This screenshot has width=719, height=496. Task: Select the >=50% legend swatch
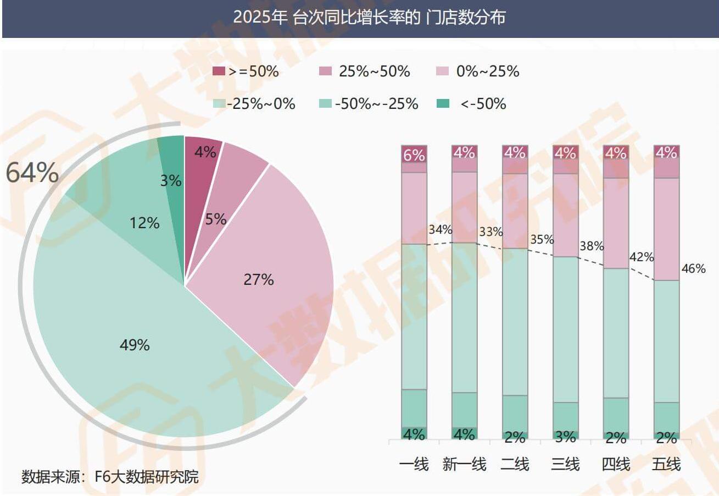pos(219,71)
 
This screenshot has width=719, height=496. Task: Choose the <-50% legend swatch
pos(443,103)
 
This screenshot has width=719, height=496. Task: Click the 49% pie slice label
pos(135,345)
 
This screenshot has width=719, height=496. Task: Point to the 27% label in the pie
pos(258,279)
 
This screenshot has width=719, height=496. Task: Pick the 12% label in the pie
pos(145,223)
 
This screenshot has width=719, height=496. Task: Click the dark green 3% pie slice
pos(172,165)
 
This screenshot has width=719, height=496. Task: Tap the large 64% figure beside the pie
pos(32,173)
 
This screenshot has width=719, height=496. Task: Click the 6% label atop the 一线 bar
pos(414,155)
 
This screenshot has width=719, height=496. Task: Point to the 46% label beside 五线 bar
pos(693,269)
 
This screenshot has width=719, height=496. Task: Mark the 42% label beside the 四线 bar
pos(642,257)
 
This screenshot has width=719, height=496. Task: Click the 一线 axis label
pos(414,464)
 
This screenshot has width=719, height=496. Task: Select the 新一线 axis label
pos(464,464)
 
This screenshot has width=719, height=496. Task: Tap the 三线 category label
pos(565,464)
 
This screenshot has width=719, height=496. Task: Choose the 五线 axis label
pos(666,464)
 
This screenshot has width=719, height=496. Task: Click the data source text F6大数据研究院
pos(110,476)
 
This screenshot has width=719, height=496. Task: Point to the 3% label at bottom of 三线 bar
pos(565,437)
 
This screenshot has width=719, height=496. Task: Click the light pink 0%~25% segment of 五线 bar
pos(666,229)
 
